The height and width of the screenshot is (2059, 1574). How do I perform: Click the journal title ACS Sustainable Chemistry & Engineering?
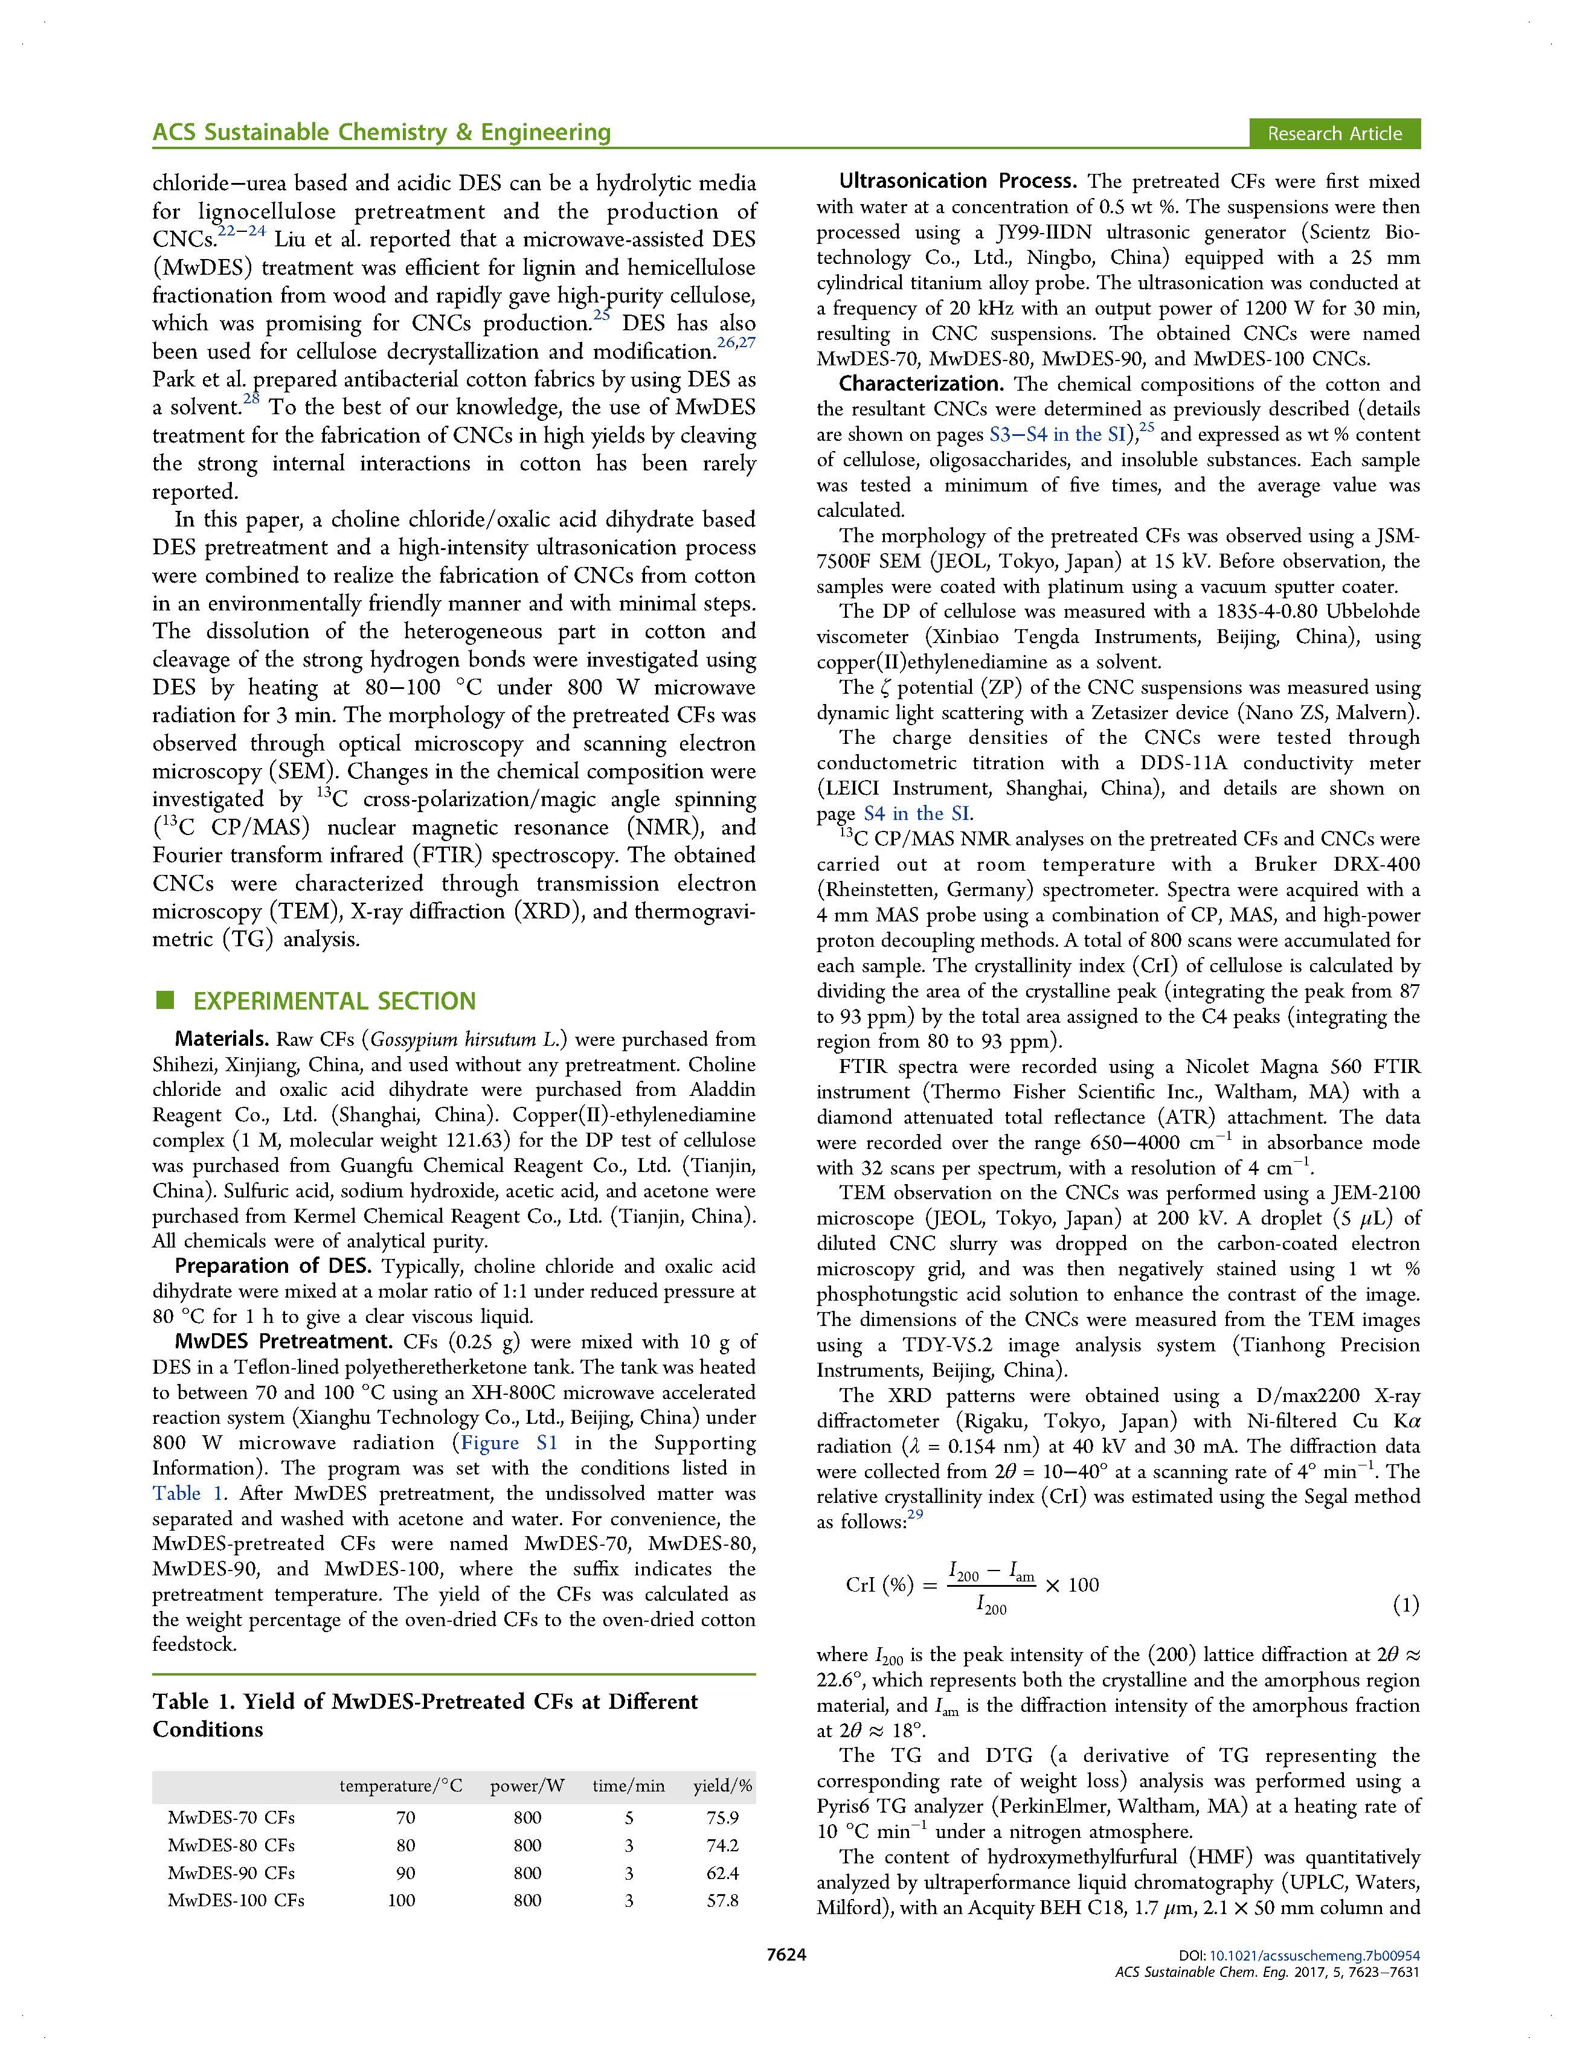(381, 132)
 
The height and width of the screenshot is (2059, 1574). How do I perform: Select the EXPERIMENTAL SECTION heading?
(335, 1001)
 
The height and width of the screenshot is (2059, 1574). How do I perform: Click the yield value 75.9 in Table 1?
(722, 1817)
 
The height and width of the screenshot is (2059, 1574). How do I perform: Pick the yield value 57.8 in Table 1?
(722, 1901)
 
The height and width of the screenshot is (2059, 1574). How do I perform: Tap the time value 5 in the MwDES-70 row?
(629, 1817)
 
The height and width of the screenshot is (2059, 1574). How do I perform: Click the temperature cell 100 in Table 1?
(401, 1901)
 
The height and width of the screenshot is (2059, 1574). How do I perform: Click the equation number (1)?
(1405, 1606)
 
